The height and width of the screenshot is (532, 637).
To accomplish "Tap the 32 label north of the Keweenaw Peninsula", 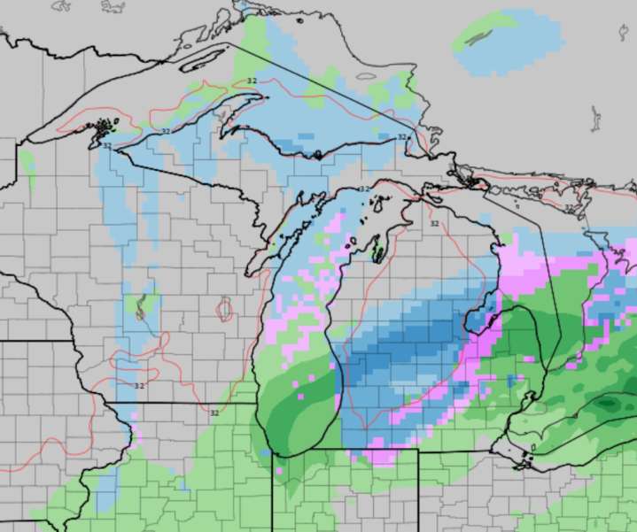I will click(252, 81).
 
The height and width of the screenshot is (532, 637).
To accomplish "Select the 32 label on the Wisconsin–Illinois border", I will click(214, 412).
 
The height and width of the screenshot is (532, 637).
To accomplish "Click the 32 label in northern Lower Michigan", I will click(434, 223).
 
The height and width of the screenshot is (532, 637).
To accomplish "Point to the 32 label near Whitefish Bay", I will click(402, 137).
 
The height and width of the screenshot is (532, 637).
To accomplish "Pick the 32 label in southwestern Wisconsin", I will click(139, 386).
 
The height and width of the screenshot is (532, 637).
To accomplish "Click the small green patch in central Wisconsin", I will click(139, 306).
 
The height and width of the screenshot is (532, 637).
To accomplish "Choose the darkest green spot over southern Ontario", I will click(610, 405).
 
